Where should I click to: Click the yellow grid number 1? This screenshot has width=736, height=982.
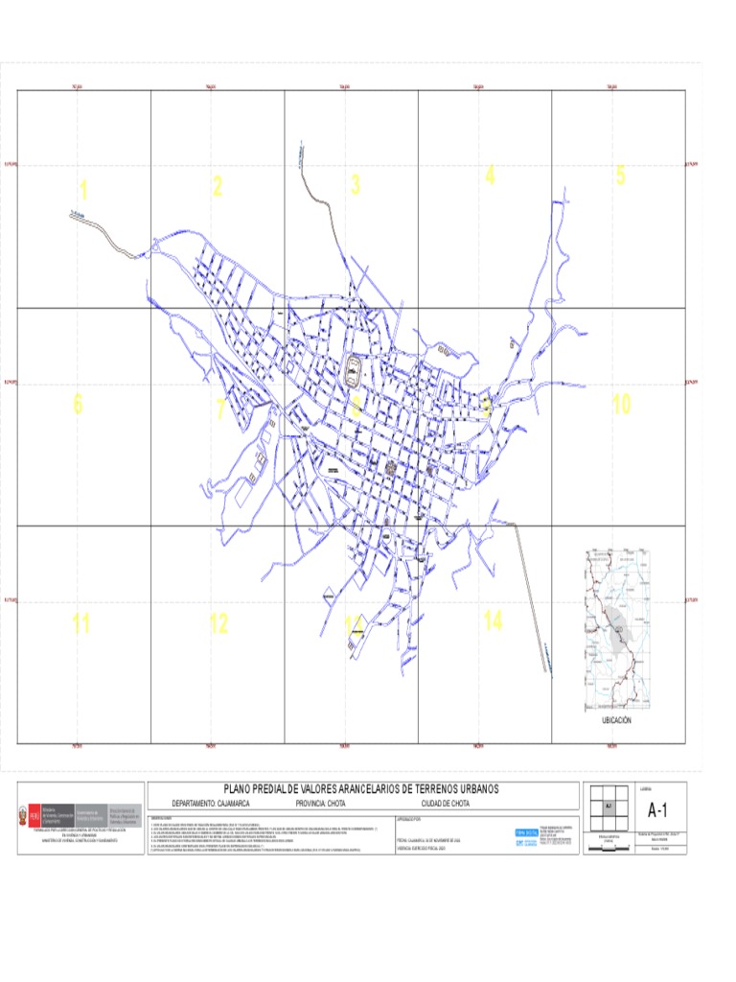(x=83, y=191)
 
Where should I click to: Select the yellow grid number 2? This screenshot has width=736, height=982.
(x=218, y=186)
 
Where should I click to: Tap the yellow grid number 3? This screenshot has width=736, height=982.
(x=356, y=185)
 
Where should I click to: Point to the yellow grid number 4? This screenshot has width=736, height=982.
(x=490, y=175)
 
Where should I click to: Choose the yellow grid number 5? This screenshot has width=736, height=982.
(x=620, y=175)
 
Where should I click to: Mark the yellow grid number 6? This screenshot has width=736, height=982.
(x=78, y=405)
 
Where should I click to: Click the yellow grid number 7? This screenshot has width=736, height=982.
(x=219, y=409)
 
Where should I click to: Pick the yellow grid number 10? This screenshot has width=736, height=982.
(x=621, y=405)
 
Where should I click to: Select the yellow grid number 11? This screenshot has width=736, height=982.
(x=80, y=624)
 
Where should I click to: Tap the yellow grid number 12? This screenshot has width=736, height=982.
(x=218, y=624)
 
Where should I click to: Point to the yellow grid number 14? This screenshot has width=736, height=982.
(x=493, y=621)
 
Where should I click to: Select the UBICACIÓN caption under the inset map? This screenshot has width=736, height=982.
(x=616, y=719)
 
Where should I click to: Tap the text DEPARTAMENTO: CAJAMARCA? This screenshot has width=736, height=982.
(x=211, y=803)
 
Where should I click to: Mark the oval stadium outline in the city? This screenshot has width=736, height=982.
(x=355, y=365)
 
